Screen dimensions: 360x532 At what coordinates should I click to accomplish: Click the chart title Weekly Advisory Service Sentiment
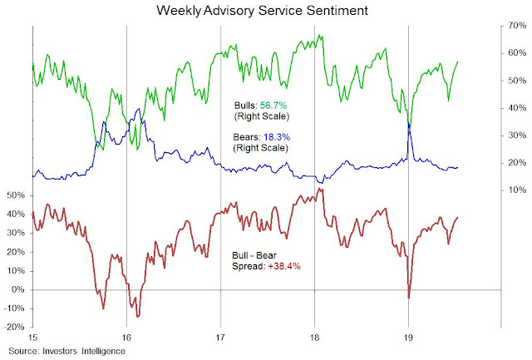(265, 11)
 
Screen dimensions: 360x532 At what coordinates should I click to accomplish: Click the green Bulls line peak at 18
(319, 36)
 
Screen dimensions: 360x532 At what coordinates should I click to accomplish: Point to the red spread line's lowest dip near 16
(137, 316)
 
